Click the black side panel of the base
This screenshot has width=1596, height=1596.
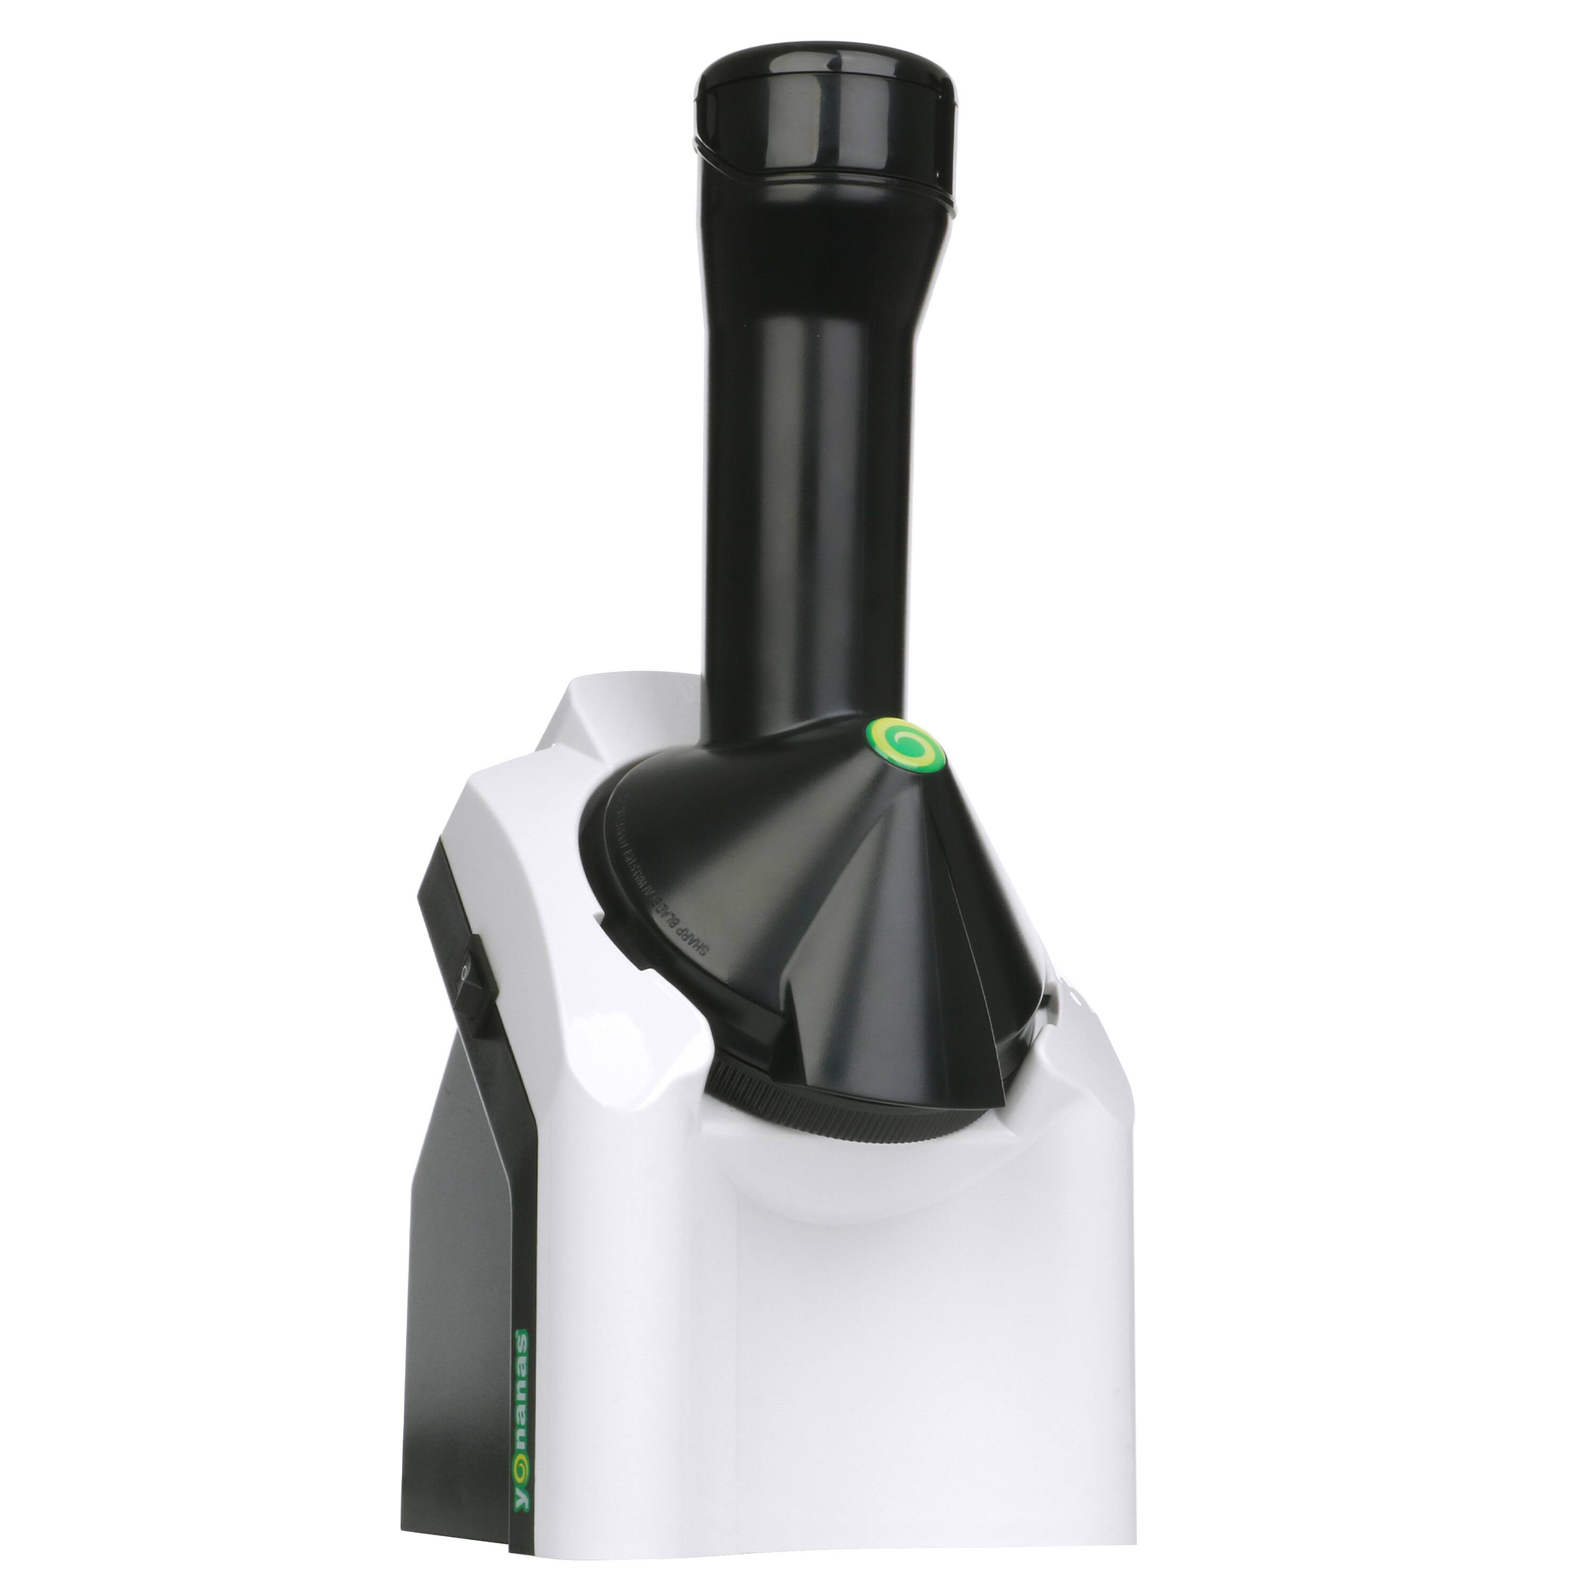[463, 1239]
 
